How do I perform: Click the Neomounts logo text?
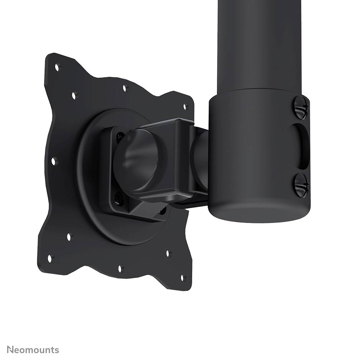[x=33, y=350]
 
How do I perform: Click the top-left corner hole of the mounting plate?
[x=57, y=66]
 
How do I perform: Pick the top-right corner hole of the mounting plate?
[x=186, y=106]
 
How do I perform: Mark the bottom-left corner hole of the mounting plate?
[x=50, y=258]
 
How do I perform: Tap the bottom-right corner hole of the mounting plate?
[x=183, y=277]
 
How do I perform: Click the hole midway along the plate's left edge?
[x=54, y=161]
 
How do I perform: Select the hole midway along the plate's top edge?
[x=125, y=87]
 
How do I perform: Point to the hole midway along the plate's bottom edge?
[x=120, y=268]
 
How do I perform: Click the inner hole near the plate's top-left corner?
[x=74, y=95]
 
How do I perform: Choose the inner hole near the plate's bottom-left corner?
[x=69, y=237]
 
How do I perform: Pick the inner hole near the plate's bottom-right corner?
[x=168, y=253]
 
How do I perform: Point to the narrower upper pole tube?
[x=259, y=43]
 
